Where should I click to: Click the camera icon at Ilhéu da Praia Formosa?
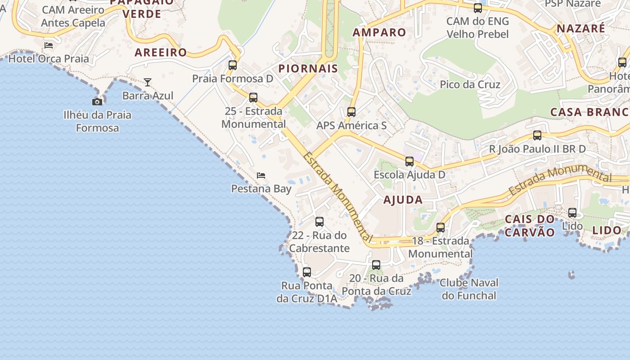tap(97, 102)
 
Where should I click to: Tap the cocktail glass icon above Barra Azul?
tap(148, 82)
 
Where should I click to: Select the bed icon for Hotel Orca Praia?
tap(49, 45)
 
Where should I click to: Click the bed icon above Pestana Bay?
tap(261, 175)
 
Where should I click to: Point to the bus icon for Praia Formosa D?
tap(233, 65)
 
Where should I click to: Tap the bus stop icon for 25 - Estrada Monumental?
tap(253, 98)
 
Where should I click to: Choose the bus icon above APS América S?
tap(351, 112)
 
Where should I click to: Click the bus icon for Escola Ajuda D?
tap(409, 162)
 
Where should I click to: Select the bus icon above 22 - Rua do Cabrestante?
tap(319, 222)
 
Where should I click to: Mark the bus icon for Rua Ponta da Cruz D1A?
tap(307, 272)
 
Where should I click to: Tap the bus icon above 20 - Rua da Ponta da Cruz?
tap(376, 265)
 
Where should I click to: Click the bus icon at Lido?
tap(572, 213)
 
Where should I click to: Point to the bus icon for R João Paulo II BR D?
tap(537, 135)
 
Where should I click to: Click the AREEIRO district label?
tap(161, 52)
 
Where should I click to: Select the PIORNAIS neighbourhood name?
tap(308, 68)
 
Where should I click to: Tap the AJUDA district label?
tap(403, 200)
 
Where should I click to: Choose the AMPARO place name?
tap(379, 32)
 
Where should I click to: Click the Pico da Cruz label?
tap(470, 85)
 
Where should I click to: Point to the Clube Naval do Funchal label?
tap(469, 289)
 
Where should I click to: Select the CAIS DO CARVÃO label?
tap(530, 226)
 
